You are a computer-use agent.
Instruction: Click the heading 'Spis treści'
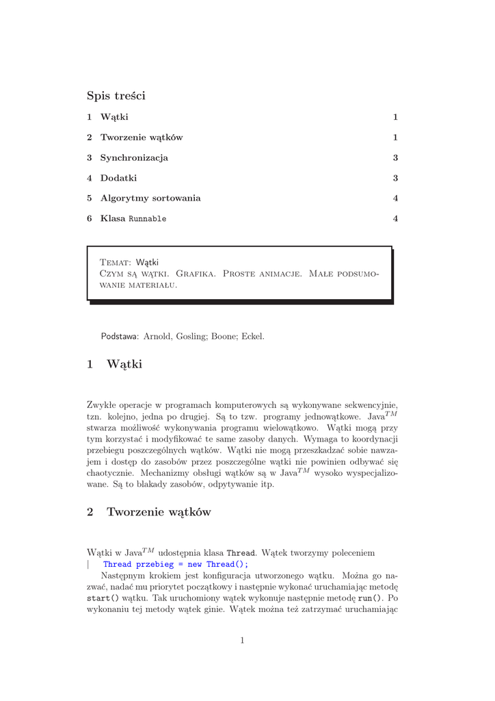click(x=116, y=96)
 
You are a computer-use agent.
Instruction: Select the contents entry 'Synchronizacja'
click(x=134, y=157)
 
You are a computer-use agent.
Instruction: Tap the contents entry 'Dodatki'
click(x=118, y=178)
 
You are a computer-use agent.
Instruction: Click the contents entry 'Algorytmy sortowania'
click(x=150, y=198)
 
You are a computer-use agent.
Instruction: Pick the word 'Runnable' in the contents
click(x=148, y=219)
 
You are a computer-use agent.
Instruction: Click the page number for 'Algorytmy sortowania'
click(x=395, y=199)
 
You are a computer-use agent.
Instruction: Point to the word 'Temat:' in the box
click(x=116, y=262)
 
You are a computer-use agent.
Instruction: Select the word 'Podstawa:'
click(x=120, y=336)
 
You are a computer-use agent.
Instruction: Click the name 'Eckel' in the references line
click(x=252, y=336)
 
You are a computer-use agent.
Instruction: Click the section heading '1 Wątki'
click(x=115, y=364)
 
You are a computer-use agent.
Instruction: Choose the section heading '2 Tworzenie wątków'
click(x=149, y=512)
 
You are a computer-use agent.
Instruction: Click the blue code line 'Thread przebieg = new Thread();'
click(x=176, y=564)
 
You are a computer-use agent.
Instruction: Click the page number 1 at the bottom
click(x=242, y=640)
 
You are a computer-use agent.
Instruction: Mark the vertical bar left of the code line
click(x=89, y=564)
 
